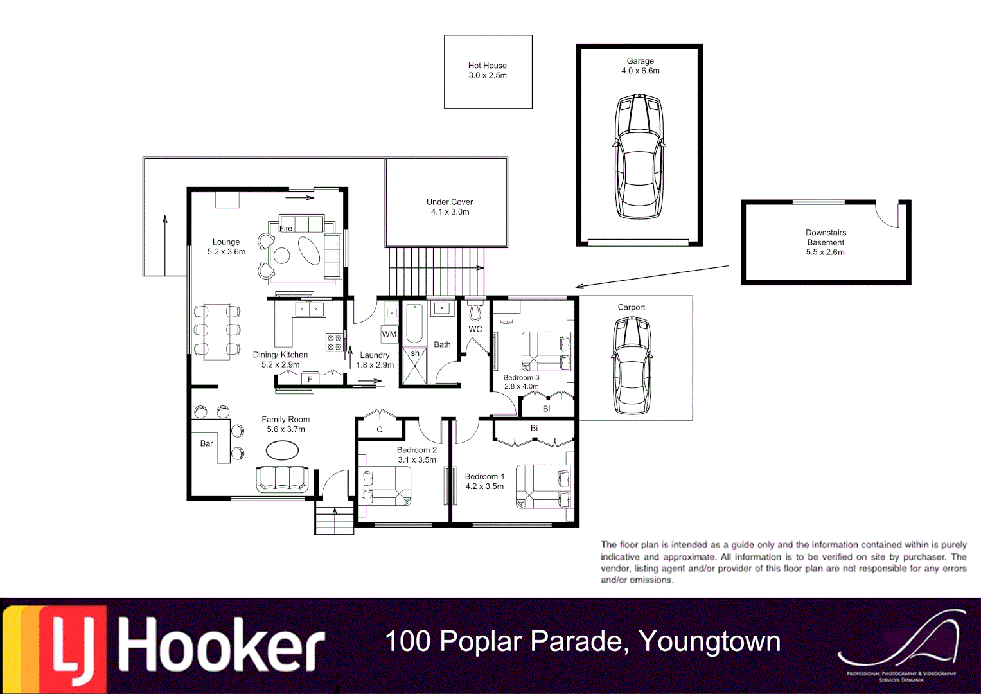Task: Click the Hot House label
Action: [x=487, y=70]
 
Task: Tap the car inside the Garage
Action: [x=639, y=157]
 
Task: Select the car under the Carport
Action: [x=632, y=366]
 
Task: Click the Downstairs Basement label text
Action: [x=826, y=242]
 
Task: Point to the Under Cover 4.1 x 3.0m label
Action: [x=450, y=207]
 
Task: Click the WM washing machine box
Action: [x=389, y=334]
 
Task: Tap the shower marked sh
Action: [x=414, y=367]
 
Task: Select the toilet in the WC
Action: [x=475, y=310]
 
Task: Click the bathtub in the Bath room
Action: [x=414, y=324]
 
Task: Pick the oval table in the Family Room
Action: [x=282, y=450]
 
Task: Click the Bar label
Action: [x=206, y=443]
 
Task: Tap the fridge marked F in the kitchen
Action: [x=310, y=379]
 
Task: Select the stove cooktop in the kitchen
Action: [x=335, y=343]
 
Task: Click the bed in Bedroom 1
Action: [x=544, y=486]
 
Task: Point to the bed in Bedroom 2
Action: [x=386, y=486]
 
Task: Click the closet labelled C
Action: [x=379, y=429]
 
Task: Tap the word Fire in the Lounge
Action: [x=286, y=228]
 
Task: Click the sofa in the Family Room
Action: [x=282, y=479]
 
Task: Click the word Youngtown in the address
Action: [x=709, y=641]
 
